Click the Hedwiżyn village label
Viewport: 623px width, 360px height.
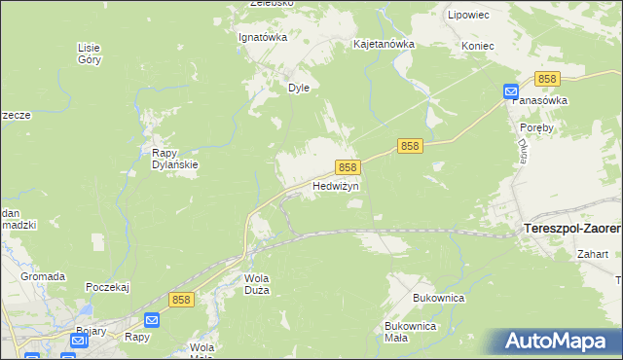pos(336,185)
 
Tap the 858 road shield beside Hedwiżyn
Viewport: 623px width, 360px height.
pos(348,167)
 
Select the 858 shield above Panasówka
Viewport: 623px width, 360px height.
pos(547,79)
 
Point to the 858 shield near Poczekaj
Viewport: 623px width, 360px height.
pos(180,300)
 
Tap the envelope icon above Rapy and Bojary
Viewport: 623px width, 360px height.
pos(151,319)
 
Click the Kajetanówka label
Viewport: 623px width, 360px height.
pos(384,44)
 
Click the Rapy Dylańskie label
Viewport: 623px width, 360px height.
pos(174,159)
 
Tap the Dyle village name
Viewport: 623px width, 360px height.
pos(298,87)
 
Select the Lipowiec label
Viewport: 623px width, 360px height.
pos(466,16)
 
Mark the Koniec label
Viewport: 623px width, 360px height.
pos(479,46)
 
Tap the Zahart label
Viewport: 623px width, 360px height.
pos(592,254)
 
